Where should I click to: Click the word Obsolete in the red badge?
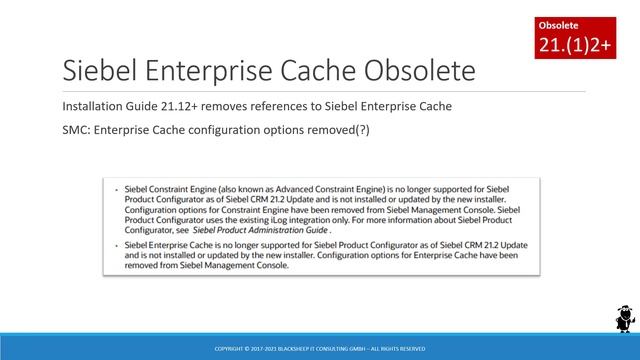[558, 23]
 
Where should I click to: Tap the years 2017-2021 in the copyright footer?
[264, 348]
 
